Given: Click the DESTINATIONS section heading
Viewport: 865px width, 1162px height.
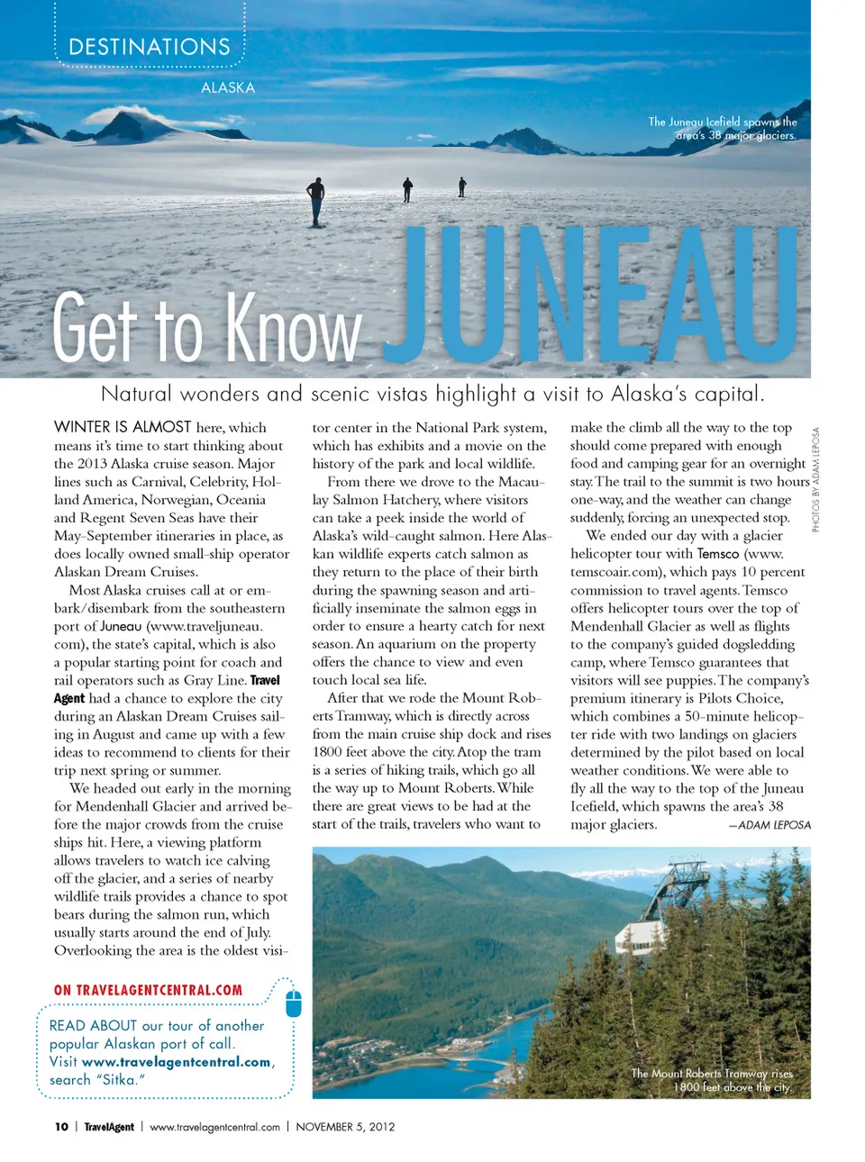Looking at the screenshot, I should (x=150, y=47).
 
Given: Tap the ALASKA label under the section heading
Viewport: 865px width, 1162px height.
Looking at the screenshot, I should (x=227, y=88).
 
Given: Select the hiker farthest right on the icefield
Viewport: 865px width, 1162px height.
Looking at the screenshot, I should (x=462, y=186).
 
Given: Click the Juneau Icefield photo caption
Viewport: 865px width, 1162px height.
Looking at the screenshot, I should (x=723, y=129).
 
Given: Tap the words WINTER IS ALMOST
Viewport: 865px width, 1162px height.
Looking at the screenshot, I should (x=123, y=427).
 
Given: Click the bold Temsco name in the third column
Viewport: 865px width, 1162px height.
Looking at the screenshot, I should (x=717, y=554).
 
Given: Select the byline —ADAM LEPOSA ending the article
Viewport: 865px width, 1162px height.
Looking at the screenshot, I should (x=769, y=825).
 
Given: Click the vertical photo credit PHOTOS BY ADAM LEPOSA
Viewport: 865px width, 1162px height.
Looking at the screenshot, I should (x=816, y=479).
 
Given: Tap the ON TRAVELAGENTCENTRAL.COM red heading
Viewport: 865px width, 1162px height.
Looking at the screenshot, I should (x=148, y=990).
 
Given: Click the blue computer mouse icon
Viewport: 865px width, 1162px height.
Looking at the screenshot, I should (x=293, y=1003).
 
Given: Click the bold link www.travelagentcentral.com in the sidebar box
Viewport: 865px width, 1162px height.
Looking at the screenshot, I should (x=176, y=1062).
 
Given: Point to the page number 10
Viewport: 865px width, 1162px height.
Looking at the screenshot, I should (x=61, y=1127).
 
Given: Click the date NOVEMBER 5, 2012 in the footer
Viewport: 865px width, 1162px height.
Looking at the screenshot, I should (x=345, y=1127).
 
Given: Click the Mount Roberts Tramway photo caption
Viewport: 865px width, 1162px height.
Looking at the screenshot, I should (x=712, y=1080).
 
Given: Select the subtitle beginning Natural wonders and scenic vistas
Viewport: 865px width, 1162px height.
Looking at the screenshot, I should (x=432, y=394).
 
